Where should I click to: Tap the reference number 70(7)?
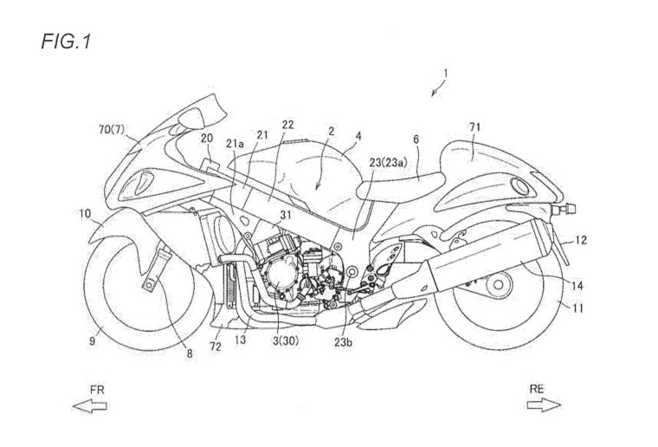point(111,131)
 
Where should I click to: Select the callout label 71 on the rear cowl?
point(474,128)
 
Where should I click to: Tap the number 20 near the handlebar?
point(207,139)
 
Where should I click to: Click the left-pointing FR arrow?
point(91,406)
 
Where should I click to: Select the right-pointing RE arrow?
point(545,405)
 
